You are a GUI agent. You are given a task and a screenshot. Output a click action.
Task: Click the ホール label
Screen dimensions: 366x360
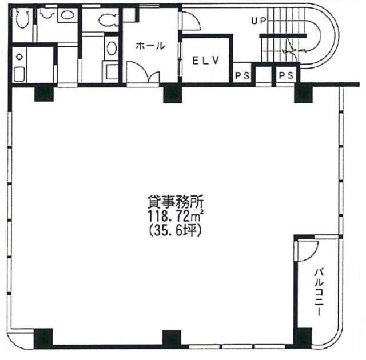click(x=150, y=46)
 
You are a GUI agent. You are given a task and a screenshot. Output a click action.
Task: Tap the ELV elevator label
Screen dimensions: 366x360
click(x=206, y=61)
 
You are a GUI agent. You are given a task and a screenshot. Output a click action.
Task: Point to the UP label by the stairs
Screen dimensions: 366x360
click(x=258, y=21)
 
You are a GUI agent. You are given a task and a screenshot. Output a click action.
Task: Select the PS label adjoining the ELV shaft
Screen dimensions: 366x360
click(x=242, y=75)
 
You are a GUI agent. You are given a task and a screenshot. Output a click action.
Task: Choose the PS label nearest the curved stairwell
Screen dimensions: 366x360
click(x=286, y=75)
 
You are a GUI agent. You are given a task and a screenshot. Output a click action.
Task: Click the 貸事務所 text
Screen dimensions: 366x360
click(x=176, y=202)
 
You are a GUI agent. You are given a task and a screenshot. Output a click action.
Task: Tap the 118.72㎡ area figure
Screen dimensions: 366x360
click(x=176, y=217)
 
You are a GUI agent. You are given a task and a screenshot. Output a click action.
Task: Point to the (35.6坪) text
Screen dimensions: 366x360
click(x=176, y=231)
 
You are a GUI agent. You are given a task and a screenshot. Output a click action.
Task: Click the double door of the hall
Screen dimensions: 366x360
click(x=143, y=72)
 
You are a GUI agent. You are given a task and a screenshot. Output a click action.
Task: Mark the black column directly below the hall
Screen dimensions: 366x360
click(x=172, y=94)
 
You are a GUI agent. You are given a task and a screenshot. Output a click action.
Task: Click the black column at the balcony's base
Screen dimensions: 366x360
click(x=303, y=337)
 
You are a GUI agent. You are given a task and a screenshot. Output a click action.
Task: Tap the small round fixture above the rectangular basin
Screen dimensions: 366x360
click(x=19, y=57)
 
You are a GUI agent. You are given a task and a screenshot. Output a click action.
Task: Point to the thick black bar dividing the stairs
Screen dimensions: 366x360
click(x=283, y=35)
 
